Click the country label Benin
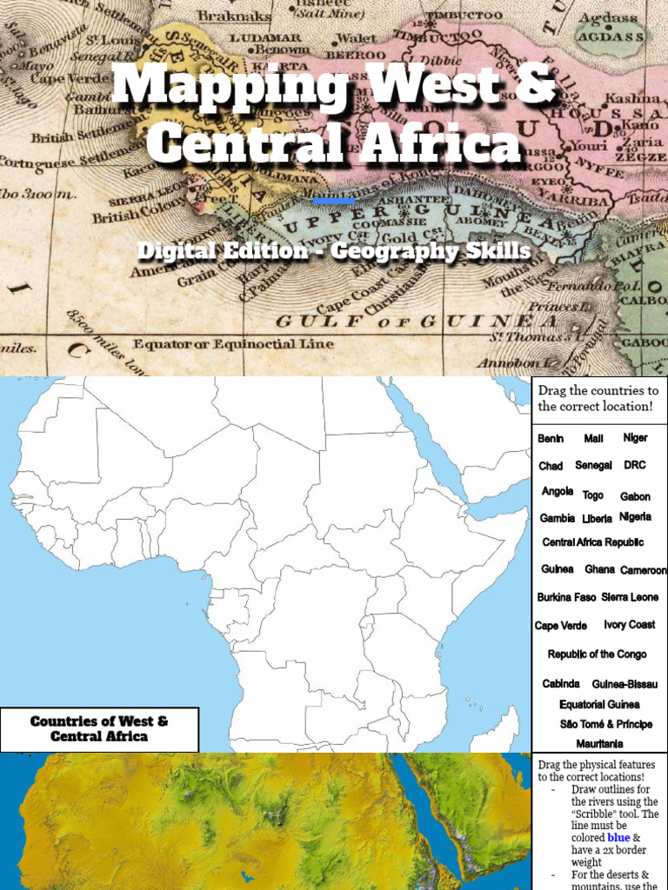[x=551, y=439]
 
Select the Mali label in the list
[x=593, y=439]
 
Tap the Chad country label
[x=551, y=467]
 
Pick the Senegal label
[x=593, y=466]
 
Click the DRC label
[x=635, y=466]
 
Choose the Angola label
[x=558, y=492]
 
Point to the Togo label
[x=593, y=495]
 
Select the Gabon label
[x=635, y=497]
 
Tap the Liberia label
[x=598, y=519]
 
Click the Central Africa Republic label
[x=593, y=542]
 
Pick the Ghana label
[x=599, y=569]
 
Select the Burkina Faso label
[x=566, y=598]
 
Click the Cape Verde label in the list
[x=561, y=626]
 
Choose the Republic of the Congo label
[x=597, y=654]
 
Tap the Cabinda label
[x=561, y=684]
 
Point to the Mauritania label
[x=599, y=744]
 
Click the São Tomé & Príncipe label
[x=606, y=724]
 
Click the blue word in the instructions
[x=619, y=838]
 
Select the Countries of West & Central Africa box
[x=99, y=729]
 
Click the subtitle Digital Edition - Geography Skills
[x=334, y=251]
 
